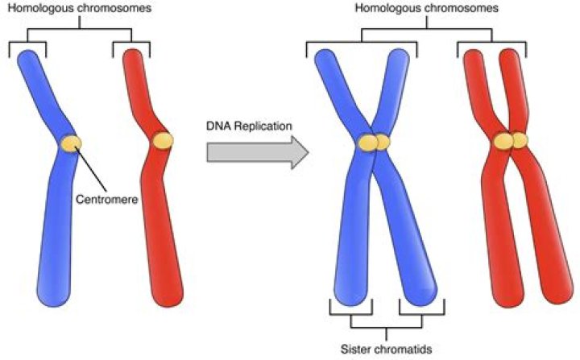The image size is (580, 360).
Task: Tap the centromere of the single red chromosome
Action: tap(164, 139)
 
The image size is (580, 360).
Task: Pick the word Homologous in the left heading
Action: tap(51, 10)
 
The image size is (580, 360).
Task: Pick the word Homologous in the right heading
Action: tap(384, 10)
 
